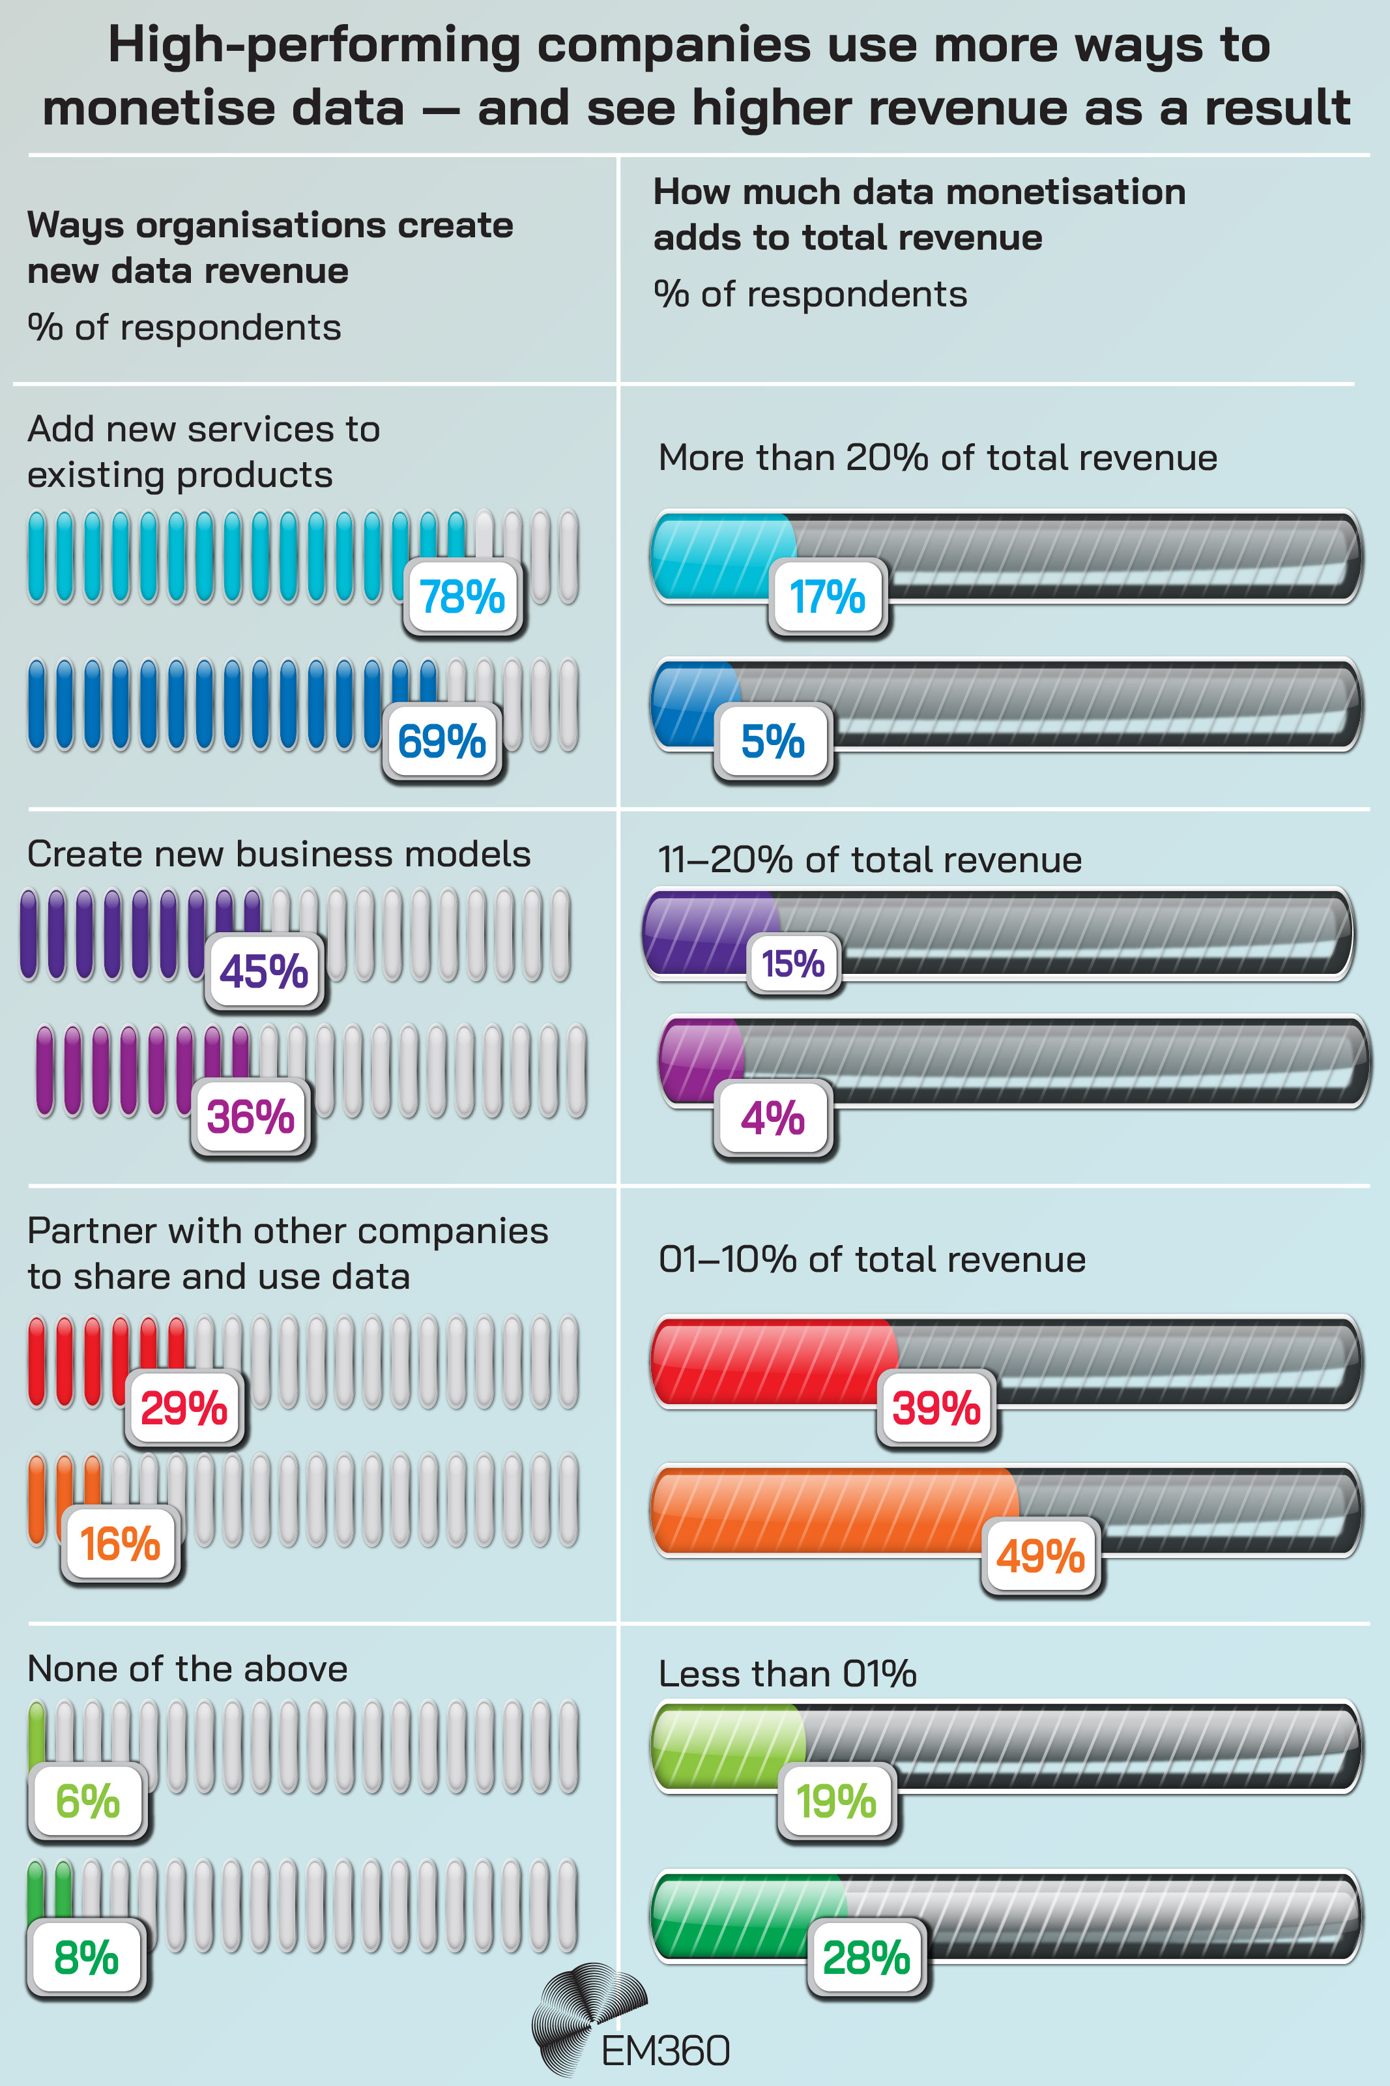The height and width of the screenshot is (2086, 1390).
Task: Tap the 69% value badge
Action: (x=441, y=741)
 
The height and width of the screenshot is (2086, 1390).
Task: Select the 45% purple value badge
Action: (x=263, y=972)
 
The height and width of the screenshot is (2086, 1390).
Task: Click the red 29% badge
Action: (x=184, y=1408)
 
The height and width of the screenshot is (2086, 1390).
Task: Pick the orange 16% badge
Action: (x=120, y=1544)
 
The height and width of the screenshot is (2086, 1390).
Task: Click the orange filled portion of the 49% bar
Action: (x=824, y=1509)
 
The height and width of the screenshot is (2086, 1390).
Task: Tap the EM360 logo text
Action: (x=665, y=2051)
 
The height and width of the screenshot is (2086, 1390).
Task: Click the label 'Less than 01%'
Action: (x=787, y=1674)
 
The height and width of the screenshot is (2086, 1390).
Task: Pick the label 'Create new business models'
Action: (x=278, y=854)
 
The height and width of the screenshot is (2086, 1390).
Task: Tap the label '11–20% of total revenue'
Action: (x=869, y=859)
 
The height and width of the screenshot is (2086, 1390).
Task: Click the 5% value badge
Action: (x=772, y=741)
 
